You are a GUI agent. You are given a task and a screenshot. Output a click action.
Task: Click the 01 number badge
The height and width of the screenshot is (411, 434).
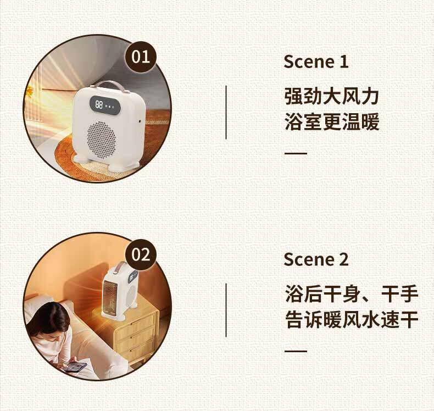coord(141,57)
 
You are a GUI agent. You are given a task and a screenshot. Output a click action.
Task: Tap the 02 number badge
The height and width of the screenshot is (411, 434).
coord(141,254)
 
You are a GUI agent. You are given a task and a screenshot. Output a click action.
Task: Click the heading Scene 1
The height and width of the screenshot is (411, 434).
coord(316,62)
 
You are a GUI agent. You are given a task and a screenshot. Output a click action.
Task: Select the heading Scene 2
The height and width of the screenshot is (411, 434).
coord(316,259)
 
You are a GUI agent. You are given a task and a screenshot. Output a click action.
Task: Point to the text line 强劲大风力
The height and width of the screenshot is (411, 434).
coord(332,96)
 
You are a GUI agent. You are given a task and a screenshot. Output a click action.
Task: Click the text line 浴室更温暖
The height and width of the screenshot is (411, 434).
coord(332,122)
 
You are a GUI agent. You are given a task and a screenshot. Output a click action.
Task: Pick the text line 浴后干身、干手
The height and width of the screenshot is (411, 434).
coord(352,294)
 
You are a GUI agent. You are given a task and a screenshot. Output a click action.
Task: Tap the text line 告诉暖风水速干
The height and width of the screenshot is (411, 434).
coord(352,319)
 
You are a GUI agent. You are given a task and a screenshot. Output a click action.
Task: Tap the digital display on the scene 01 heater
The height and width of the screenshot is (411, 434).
coord(105,104)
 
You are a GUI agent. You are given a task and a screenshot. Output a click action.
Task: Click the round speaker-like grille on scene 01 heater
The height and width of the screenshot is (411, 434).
coord(102,139)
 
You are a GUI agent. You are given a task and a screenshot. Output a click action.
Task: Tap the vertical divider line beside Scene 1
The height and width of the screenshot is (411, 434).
coord(226,113)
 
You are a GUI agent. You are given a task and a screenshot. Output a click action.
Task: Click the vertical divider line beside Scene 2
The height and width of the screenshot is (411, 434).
coord(226,310)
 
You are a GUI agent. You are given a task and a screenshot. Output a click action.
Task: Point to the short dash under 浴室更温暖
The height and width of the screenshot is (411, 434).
coord(296,153)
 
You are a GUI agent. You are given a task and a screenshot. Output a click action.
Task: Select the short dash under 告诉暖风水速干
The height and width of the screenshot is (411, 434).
coord(296,351)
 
